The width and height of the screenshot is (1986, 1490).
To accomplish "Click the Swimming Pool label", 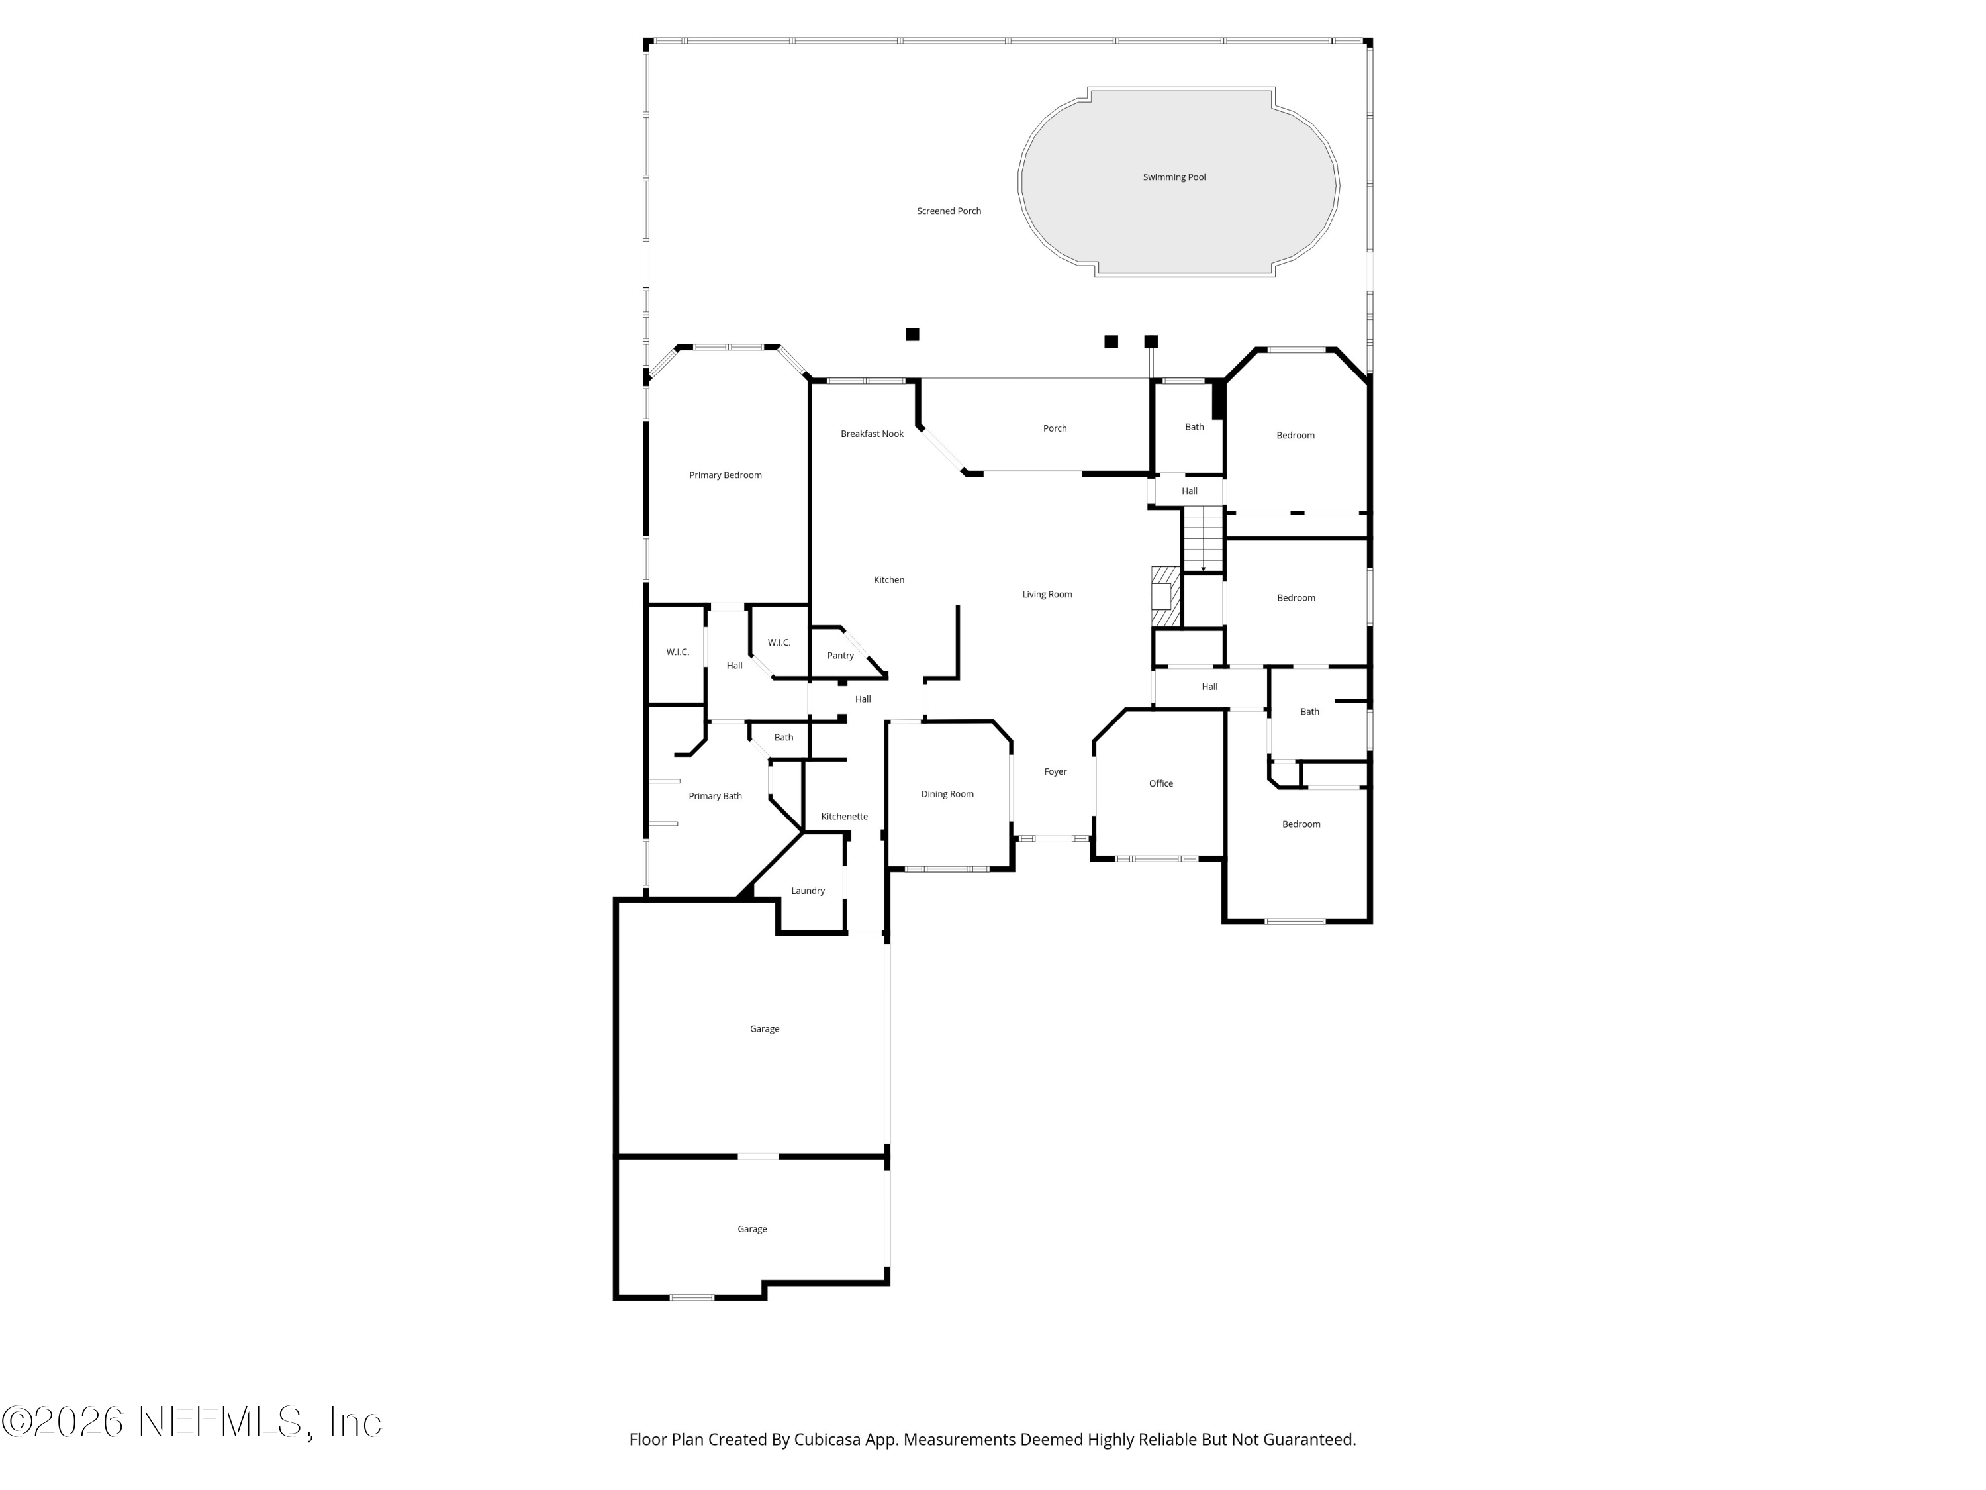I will (x=1174, y=177).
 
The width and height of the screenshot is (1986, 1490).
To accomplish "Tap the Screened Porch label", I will (x=948, y=211).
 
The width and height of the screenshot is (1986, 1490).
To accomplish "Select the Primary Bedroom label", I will (x=724, y=475).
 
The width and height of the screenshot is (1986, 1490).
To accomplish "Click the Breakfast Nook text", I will (x=871, y=434).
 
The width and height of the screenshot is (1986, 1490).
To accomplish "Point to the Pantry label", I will (x=839, y=656).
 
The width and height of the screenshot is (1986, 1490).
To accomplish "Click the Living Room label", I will (x=1046, y=595).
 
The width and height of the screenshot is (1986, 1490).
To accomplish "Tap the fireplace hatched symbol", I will (x=1164, y=597).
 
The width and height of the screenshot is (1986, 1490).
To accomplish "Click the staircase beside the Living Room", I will (x=1202, y=539).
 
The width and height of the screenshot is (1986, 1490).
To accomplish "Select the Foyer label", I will (x=1055, y=771).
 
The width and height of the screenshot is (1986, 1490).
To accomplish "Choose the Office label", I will (x=1160, y=783).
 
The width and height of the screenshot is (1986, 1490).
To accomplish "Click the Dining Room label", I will (x=946, y=794).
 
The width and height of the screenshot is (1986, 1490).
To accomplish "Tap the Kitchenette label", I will (x=843, y=817).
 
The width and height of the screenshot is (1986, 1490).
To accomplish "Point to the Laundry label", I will (x=807, y=891).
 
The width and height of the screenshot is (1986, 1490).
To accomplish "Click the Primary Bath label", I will (x=715, y=796).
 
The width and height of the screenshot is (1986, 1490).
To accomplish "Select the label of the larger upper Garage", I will (x=764, y=1029).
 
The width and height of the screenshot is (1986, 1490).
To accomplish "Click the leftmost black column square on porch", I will (x=912, y=334).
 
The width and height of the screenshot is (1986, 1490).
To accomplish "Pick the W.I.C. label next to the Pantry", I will (x=779, y=642).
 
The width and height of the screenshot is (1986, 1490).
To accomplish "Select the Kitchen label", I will (x=888, y=580).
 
